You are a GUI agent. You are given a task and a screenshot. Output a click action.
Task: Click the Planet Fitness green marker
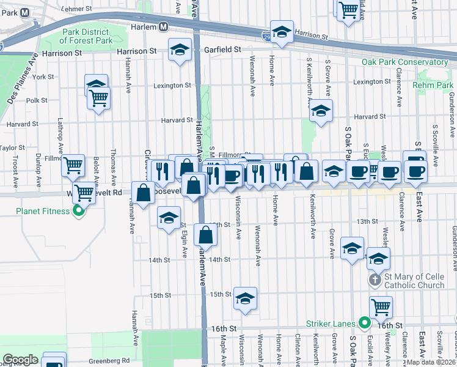pyautogui.click(x=78, y=212)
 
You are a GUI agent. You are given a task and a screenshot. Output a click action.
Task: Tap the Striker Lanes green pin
pyautogui.click(x=365, y=322)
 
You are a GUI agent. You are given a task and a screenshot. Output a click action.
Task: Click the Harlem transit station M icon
pyautogui.click(x=163, y=27)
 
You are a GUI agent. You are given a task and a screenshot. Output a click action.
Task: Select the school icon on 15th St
pyautogui.click(x=245, y=298)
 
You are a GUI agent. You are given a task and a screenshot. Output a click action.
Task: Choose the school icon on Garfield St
pyautogui.click(x=180, y=50)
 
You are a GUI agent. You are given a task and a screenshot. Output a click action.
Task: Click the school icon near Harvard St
pyautogui.click(x=320, y=111)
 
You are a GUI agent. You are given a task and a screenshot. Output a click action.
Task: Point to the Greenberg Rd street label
pyautogui.click(x=109, y=360)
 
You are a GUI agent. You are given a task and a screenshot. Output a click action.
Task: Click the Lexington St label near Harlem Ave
pyautogui.click(x=172, y=85)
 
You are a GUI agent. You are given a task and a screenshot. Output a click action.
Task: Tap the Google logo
pyautogui.click(x=20, y=360)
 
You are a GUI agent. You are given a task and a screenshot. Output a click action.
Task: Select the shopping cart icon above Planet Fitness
pyautogui.click(x=73, y=165)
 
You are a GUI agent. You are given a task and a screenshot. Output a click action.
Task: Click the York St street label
pyautogui.click(x=43, y=77)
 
